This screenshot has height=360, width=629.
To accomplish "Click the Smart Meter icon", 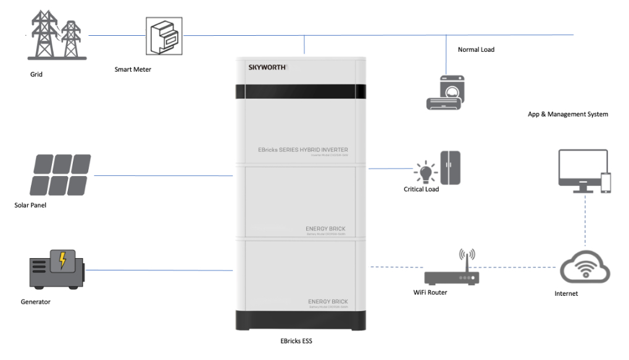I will pyautogui.click(x=164, y=36).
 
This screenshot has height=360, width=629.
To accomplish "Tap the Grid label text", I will pyautogui.click(x=36, y=74).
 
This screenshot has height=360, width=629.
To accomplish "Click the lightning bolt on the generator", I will pyautogui.click(x=62, y=261).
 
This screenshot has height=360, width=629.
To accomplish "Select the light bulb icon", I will pyautogui.click(x=425, y=171).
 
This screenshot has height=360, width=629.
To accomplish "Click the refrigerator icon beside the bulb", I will pyautogui.click(x=450, y=168).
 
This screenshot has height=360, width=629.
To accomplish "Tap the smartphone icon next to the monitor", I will pyautogui.click(x=606, y=183).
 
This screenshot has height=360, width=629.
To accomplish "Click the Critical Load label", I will pyautogui.click(x=421, y=189).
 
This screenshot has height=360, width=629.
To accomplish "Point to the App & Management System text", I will pyautogui.click(x=568, y=114).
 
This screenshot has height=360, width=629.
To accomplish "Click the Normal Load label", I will pyautogui.click(x=476, y=49).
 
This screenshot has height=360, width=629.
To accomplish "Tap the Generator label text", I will pyautogui.click(x=35, y=302).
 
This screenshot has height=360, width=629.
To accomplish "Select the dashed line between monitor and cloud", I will pyautogui.click(x=583, y=222).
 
